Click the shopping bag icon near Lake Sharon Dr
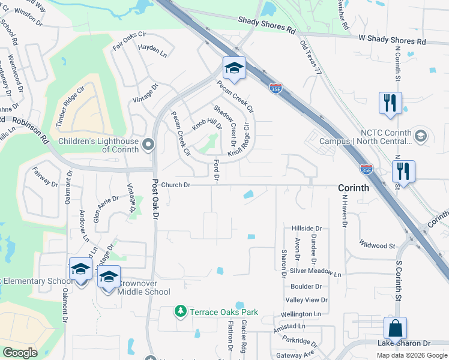click(395, 329)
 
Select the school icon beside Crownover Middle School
click(109, 277)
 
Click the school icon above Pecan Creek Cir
click(234, 68)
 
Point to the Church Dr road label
click(175, 185)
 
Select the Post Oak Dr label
click(155, 199)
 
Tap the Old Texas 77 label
click(310, 58)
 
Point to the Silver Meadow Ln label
click(315, 272)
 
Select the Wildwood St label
click(377, 245)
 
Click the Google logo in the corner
click(20, 353)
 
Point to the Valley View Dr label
click(306, 300)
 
